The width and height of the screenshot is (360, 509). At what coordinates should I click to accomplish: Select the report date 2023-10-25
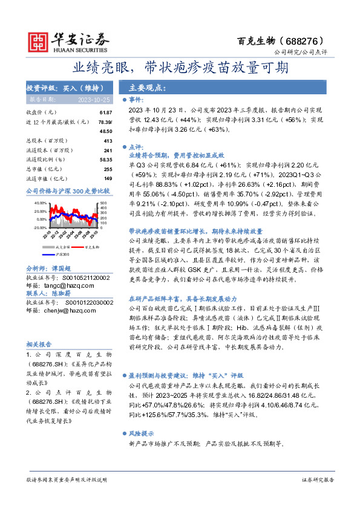point(93,99)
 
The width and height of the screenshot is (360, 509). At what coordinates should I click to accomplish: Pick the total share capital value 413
point(108,141)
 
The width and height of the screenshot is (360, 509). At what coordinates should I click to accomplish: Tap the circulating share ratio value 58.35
point(106,160)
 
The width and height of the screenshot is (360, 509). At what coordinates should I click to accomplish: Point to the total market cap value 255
point(108,169)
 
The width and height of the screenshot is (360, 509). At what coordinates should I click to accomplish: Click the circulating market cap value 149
point(108,178)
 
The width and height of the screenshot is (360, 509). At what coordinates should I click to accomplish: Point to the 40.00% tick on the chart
point(40,203)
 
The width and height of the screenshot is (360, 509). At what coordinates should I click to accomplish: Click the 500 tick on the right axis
point(103,203)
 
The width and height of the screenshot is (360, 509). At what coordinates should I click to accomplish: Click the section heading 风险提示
point(143,434)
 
